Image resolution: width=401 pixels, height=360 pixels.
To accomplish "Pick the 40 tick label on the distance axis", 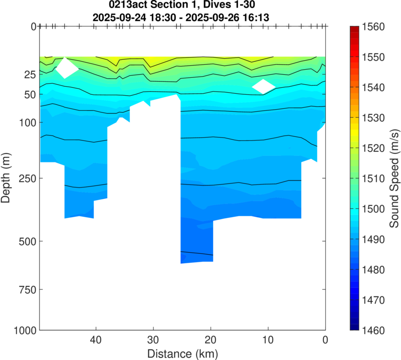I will pos(96,339).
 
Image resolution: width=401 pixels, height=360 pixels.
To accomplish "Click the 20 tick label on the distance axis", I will pos(211,339).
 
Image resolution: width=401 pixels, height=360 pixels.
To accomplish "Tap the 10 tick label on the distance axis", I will pos(268,339).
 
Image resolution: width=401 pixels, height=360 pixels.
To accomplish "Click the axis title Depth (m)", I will pos(7,178).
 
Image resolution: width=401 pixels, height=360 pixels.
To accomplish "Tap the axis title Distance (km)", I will pos(182,353).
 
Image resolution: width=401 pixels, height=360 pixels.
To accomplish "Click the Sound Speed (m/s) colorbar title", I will pos(394,178).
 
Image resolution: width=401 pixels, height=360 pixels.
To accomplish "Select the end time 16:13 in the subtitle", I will pos(257,17).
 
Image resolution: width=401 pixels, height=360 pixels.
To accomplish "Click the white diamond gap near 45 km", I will pos(67,68).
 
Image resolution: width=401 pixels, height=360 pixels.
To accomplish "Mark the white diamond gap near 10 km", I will pos(264,86).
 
